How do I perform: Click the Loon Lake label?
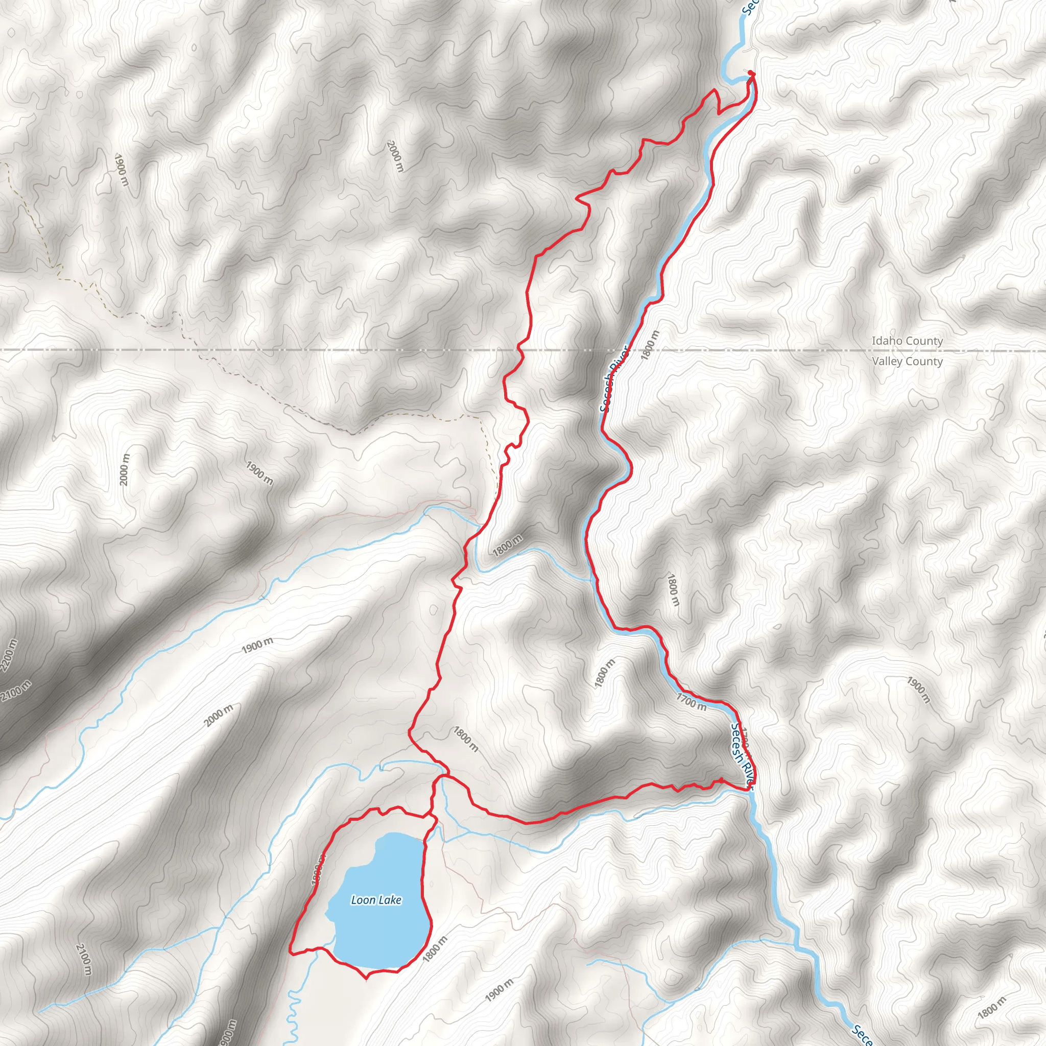coord(376,900)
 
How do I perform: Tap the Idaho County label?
coord(907,341)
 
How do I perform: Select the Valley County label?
coord(908,361)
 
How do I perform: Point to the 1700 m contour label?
coord(692,702)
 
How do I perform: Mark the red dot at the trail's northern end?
coord(751,73)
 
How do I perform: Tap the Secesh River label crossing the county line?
coord(613,379)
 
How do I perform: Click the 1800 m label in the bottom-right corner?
coord(992,1008)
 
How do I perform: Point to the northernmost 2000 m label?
coord(396,156)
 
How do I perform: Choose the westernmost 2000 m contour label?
coord(125,469)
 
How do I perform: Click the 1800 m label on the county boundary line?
coord(650,345)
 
